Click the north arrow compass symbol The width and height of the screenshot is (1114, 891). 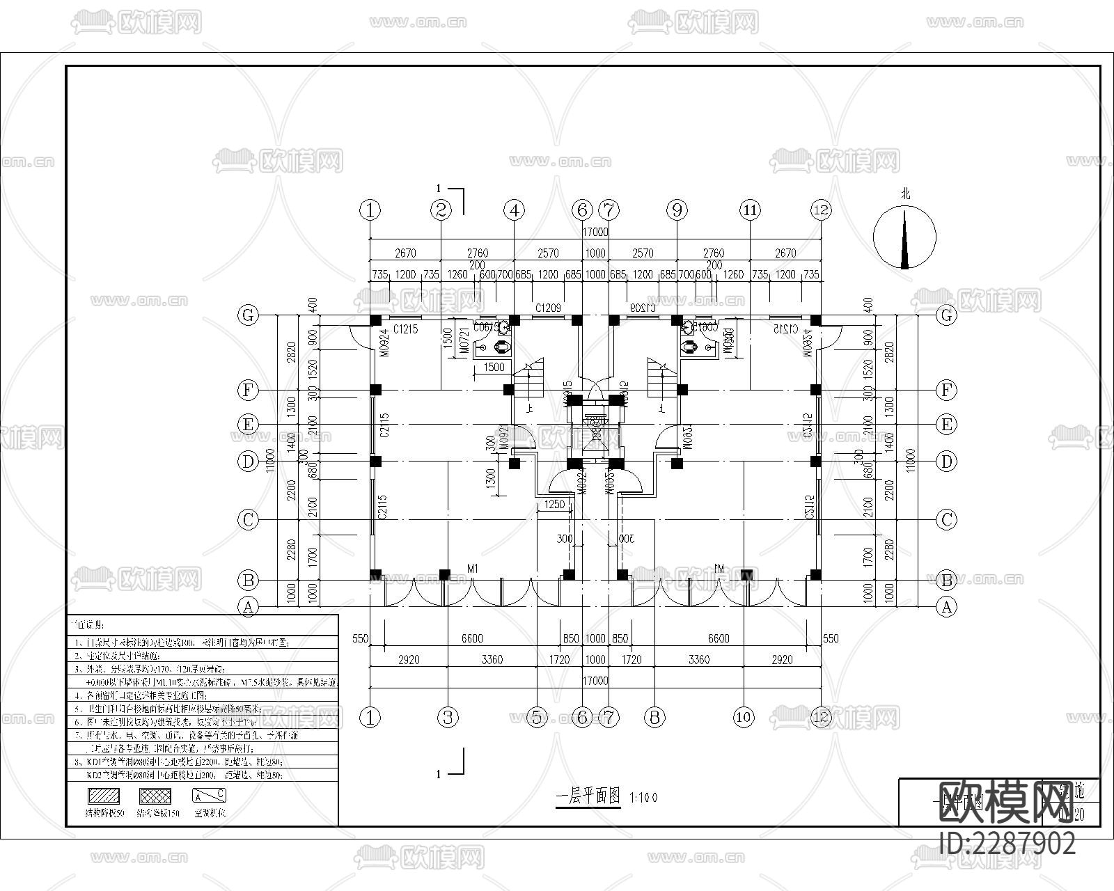[x=904, y=238]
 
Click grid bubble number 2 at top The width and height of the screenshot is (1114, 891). [x=441, y=210]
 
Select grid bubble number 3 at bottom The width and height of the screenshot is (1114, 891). [x=448, y=718]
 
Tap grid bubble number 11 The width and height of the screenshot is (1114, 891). [x=750, y=210]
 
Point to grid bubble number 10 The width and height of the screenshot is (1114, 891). [x=744, y=718]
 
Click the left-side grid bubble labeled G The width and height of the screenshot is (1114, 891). [x=248, y=315]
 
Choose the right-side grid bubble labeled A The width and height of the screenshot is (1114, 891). [x=946, y=607]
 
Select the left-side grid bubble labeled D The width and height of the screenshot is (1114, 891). [x=248, y=462]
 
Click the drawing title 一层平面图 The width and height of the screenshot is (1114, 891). [x=588, y=798]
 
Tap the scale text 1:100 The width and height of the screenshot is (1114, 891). [x=643, y=798]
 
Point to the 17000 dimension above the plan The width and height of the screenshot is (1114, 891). [x=596, y=232]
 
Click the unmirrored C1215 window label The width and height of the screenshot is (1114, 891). [x=405, y=329]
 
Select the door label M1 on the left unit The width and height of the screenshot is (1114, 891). [x=473, y=569]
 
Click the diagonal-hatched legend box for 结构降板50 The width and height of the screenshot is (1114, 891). [x=103, y=796]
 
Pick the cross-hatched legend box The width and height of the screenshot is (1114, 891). [x=155, y=796]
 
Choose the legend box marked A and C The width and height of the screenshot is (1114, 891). [x=209, y=796]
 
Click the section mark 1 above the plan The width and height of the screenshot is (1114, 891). [x=439, y=188]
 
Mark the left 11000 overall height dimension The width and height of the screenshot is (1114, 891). [x=270, y=459]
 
